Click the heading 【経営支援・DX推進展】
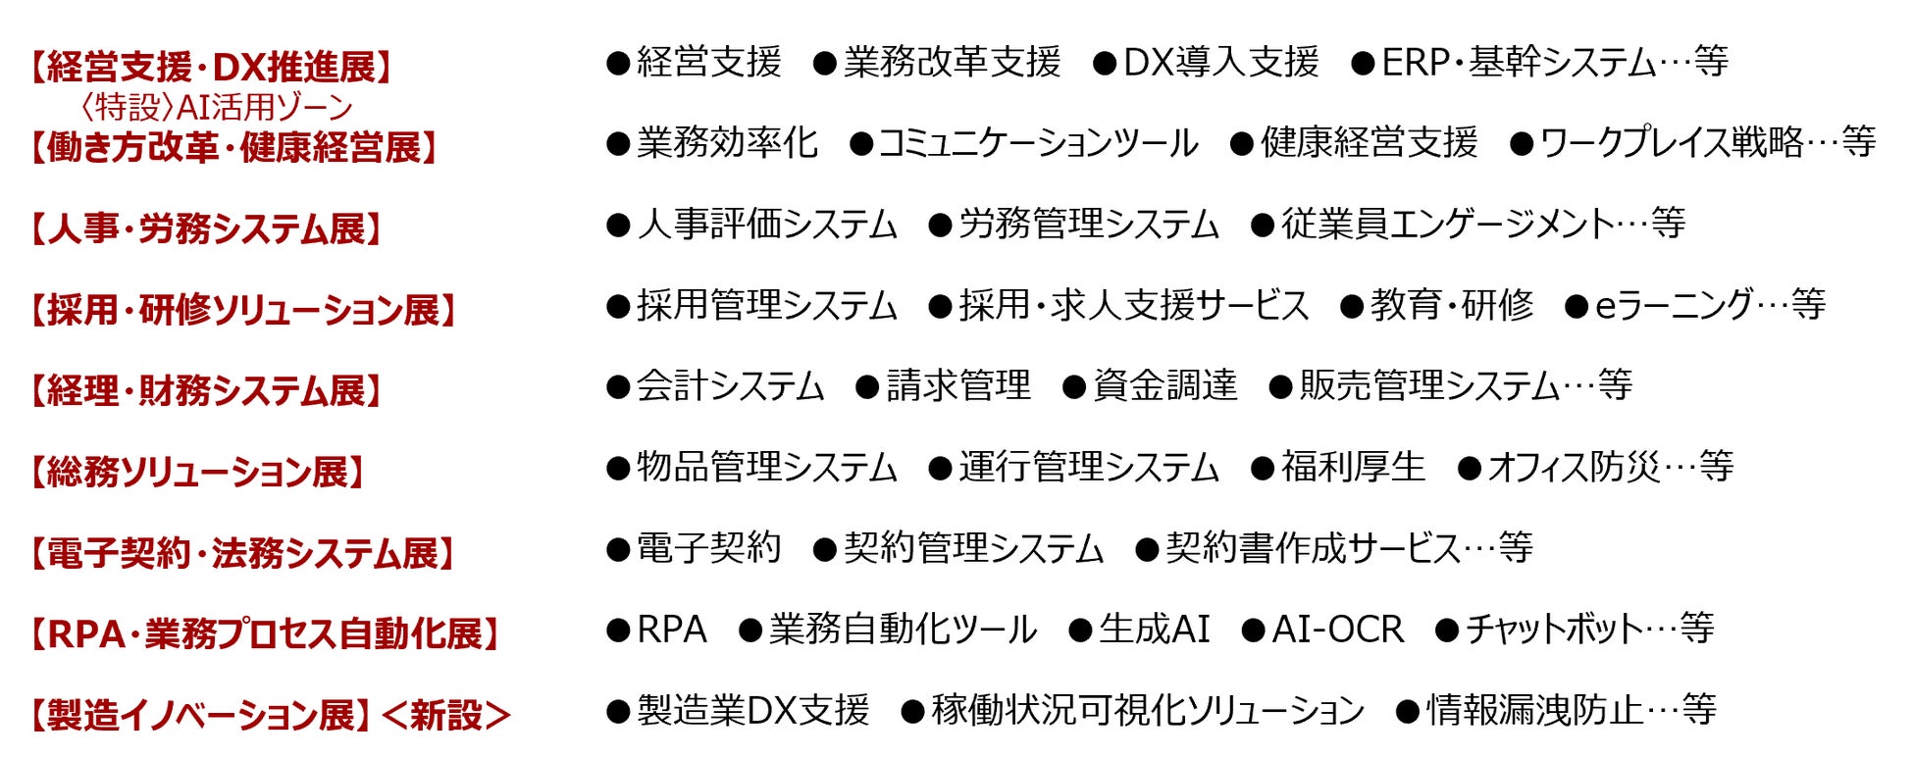(210, 67)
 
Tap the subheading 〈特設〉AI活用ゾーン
(215, 107)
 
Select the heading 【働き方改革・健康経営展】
(233, 148)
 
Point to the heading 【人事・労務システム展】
(204, 229)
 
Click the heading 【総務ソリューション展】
(196, 472)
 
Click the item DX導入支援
(1220, 63)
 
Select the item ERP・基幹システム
(1519, 63)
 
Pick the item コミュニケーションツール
(1037, 143)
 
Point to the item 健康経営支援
(1369, 143)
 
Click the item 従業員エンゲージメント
(1447, 225)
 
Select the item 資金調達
(1164, 385)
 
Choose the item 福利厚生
(1353, 467)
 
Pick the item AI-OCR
(1337, 629)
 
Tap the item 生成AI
(1154, 629)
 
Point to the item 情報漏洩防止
(1534, 710)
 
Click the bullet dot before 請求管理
(866, 387)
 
